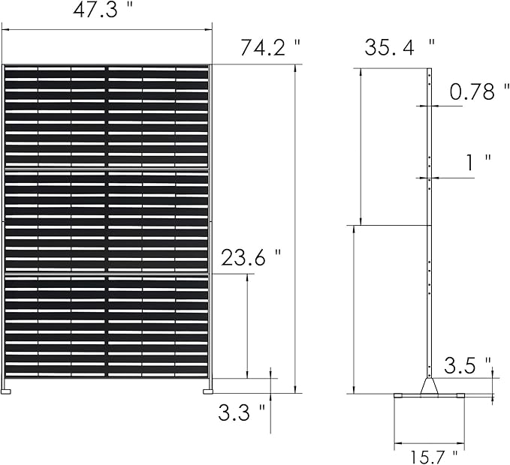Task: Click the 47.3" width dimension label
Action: [x=106, y=12]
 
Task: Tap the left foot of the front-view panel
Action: [x=8, y=389]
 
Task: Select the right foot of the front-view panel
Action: [x=207, y=389]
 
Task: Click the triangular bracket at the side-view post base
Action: [x=430, y=385]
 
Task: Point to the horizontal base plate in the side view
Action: [x=429, y=395]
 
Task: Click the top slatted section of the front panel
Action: [x=106, y=116]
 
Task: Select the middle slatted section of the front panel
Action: [x=106, y=222]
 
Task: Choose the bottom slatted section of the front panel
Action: [x=106, y=326]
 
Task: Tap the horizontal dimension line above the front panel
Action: [x=106, y=30]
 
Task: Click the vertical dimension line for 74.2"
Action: [x=294, y=225]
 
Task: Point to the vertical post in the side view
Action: [x=429, y=225]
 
